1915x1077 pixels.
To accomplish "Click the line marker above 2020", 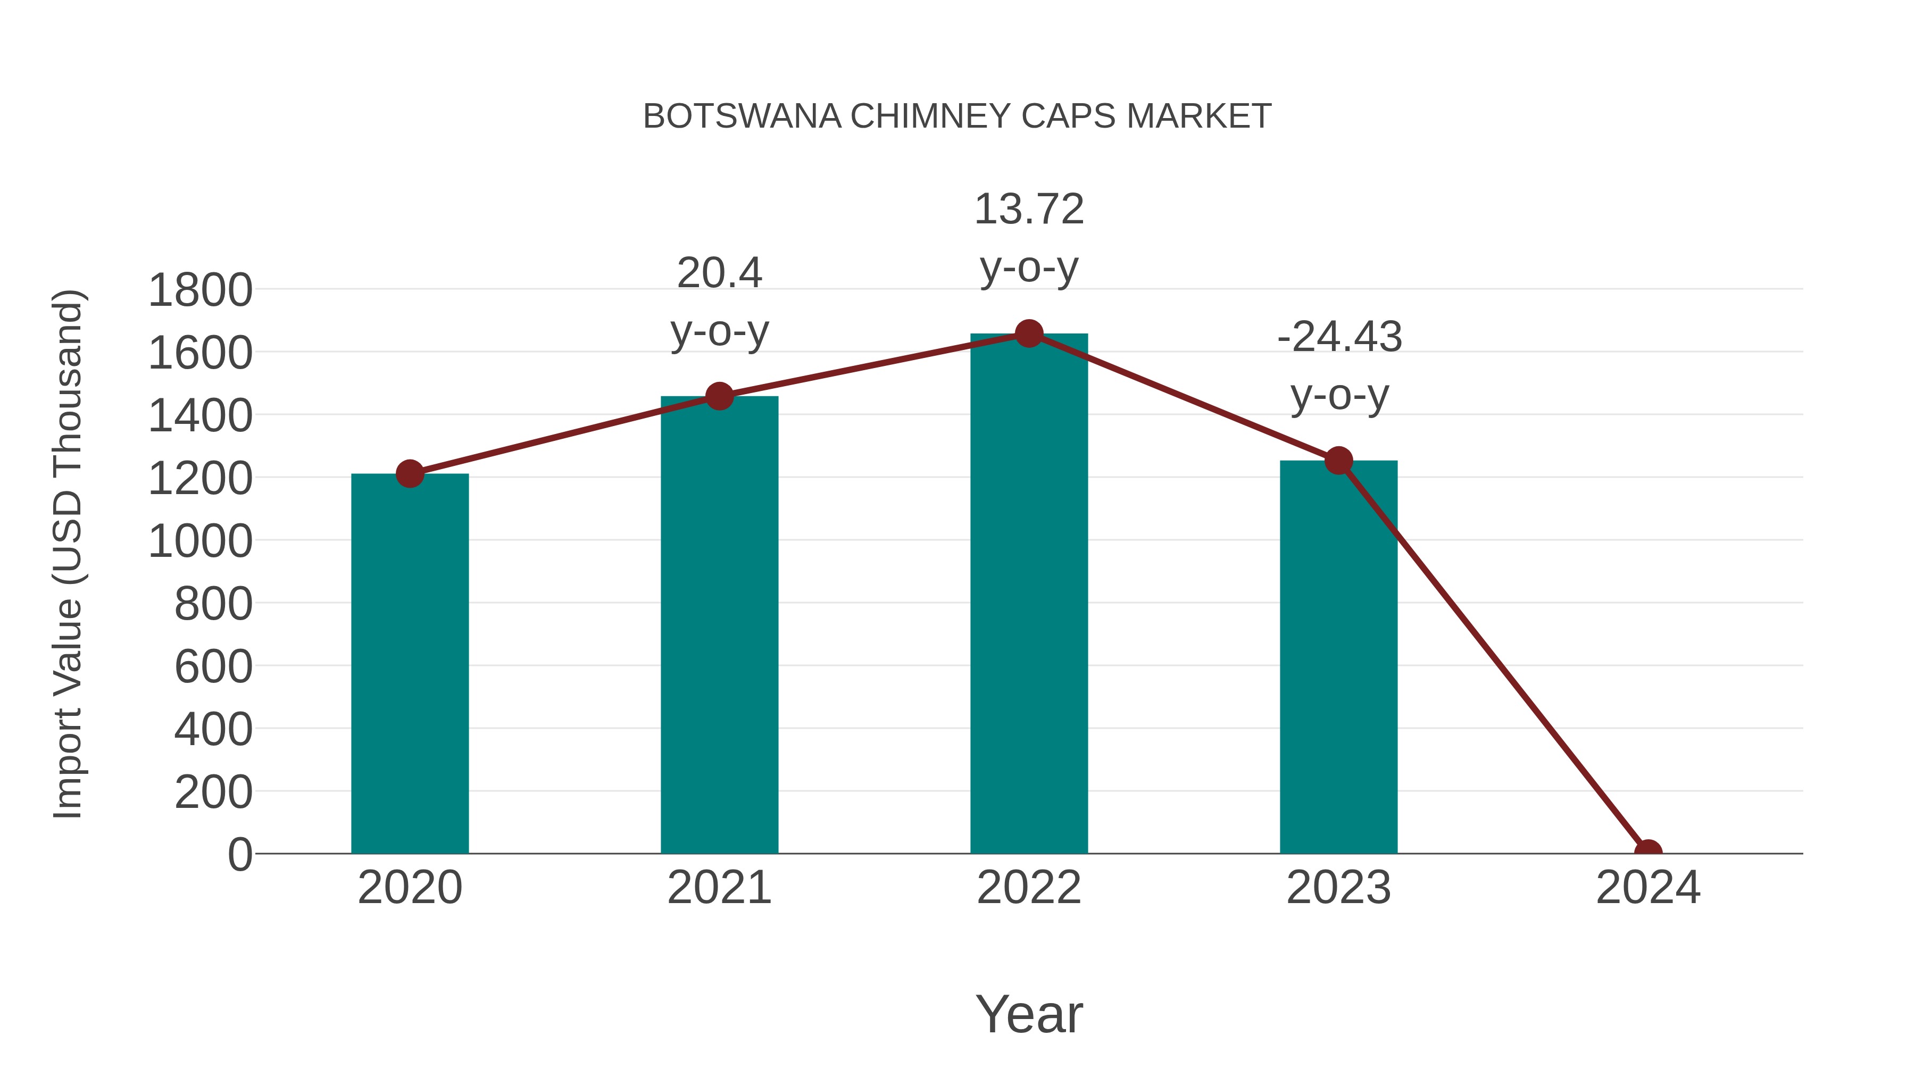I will pyautogui.click(x=410, y=473).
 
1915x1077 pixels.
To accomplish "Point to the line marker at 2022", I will pyautogui.click(x=1029, y=333).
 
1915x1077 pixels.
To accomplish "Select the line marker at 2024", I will pyautogui.click(x=1648, y=852).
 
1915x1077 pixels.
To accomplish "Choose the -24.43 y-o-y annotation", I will pyautogui.click(x=1339, y=366).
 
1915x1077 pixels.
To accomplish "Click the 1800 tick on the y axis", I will pyautogui.click(x=200, y=290).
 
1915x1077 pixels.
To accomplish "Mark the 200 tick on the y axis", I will pyautogui.click(x=213, y=792).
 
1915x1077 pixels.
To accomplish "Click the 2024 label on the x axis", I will pyautogui.click(x=1648, y=888).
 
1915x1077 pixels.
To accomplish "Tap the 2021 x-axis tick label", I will pyautogui.click(x=719, y=888).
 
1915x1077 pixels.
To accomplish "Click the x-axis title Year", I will pyautogui.click(x=1029, y=1014).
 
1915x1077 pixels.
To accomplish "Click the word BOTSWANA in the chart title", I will pyautogui.click(x=742, y=116).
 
